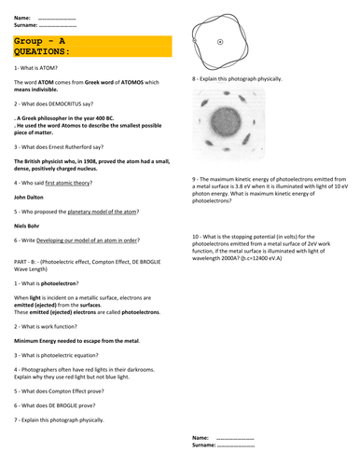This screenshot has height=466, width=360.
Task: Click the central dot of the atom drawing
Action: pos(219,42)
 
